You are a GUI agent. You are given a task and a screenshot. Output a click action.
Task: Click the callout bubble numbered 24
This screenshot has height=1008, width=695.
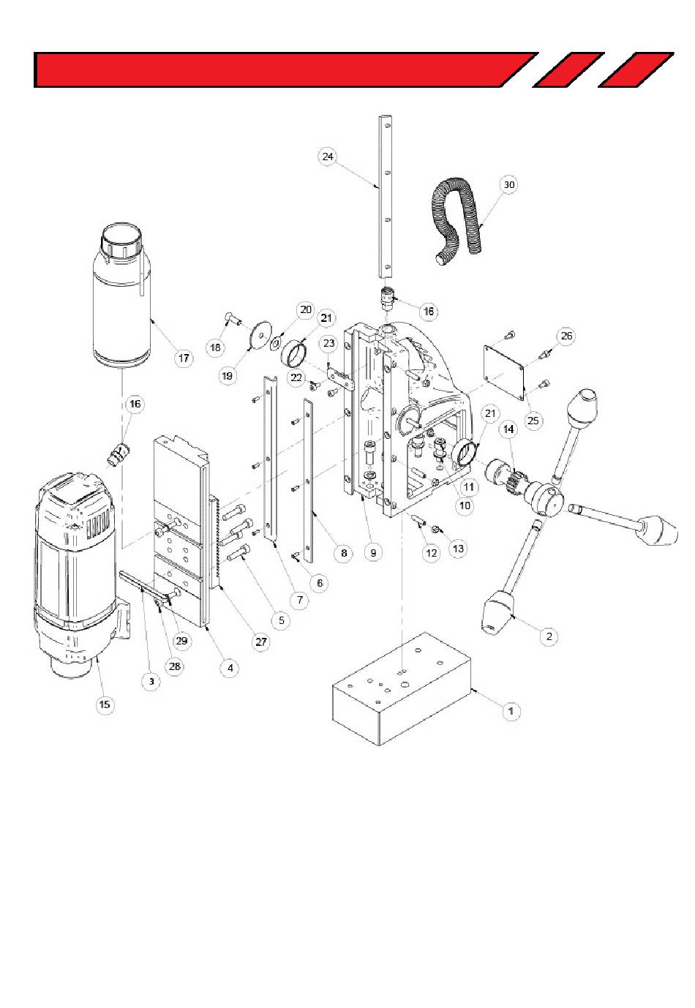pyautogui.click(x=328, y=156)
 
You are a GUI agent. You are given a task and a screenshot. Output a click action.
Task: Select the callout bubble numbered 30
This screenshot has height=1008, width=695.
pyautogui.click(x=508, y=184)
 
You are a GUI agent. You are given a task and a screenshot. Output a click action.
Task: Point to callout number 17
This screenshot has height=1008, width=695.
pyautogui.click(x=184, y=358)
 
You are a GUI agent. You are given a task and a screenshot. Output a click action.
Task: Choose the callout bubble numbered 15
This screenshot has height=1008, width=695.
pyautogui.click(x=105, y=704)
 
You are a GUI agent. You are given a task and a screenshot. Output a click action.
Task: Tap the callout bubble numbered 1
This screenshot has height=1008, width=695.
pyautogui.click(x=511, y=711)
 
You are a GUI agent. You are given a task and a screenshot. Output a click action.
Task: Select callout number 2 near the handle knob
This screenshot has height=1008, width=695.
pyautogui.click(x=549, y=636)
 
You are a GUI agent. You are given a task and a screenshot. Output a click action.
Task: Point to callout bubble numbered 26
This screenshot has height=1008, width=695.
pyautogui.click(x=566, y=336)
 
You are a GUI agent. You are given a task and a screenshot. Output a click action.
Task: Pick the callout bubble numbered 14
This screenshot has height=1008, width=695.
pyautogui.click(x=508, y=429)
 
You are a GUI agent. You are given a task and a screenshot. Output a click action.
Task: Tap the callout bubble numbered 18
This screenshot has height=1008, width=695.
pyautogui.click(x=215, y=347)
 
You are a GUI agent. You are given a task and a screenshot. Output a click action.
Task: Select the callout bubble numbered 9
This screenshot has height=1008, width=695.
pyautogui.click(x=372, y=553)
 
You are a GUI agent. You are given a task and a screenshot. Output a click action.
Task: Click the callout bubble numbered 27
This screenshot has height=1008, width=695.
pyautogui.click(x=261, y=642)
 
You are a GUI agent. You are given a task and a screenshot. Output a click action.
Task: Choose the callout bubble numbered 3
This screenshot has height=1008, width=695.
pyautogui.click(x=151, y=681)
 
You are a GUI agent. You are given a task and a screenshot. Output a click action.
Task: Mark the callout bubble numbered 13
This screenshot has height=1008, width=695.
pyautogui.click(x=458, y=549)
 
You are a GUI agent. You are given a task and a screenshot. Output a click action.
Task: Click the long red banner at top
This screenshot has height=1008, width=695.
pyautogui.click(x=286, y=69)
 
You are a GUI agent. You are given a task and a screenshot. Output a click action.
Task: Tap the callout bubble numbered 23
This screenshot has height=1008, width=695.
pyautogui.click(x=329, y=343)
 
